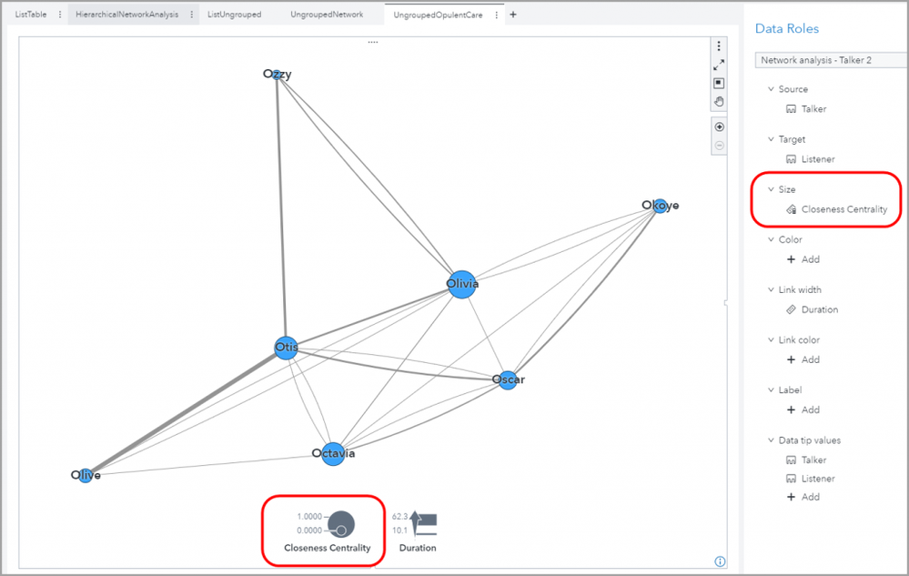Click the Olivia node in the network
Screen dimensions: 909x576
(x=462, y=285)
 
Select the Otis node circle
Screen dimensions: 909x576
(x=287, y=348)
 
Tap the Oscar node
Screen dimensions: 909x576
(x=508, y=380)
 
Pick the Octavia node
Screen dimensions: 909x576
(x=333, y=454)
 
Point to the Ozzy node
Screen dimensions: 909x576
(x=278, y=75)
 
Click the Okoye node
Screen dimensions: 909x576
(x=661, y=206)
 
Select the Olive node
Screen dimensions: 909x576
(x=86, y=476)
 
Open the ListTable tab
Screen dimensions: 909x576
(x=31, y=15)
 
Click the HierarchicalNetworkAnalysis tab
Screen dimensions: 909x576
(x=127, y=15)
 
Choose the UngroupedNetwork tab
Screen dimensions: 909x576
(x=327, y=15)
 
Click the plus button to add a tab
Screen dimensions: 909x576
(x=513, y=15)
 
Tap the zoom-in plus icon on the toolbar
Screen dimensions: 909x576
(x=720, y=126)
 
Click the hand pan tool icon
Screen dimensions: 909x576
(x=719, y=102)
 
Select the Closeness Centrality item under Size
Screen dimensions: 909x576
(x=844, y=209)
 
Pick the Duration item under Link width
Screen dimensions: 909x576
(x=820, y=309)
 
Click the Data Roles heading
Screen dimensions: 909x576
(x=787, y=28)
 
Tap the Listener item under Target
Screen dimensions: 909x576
(x=818, y=159)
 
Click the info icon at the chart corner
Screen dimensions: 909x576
(x=720, y=561)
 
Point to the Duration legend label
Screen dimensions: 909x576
(x=418, y=548)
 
